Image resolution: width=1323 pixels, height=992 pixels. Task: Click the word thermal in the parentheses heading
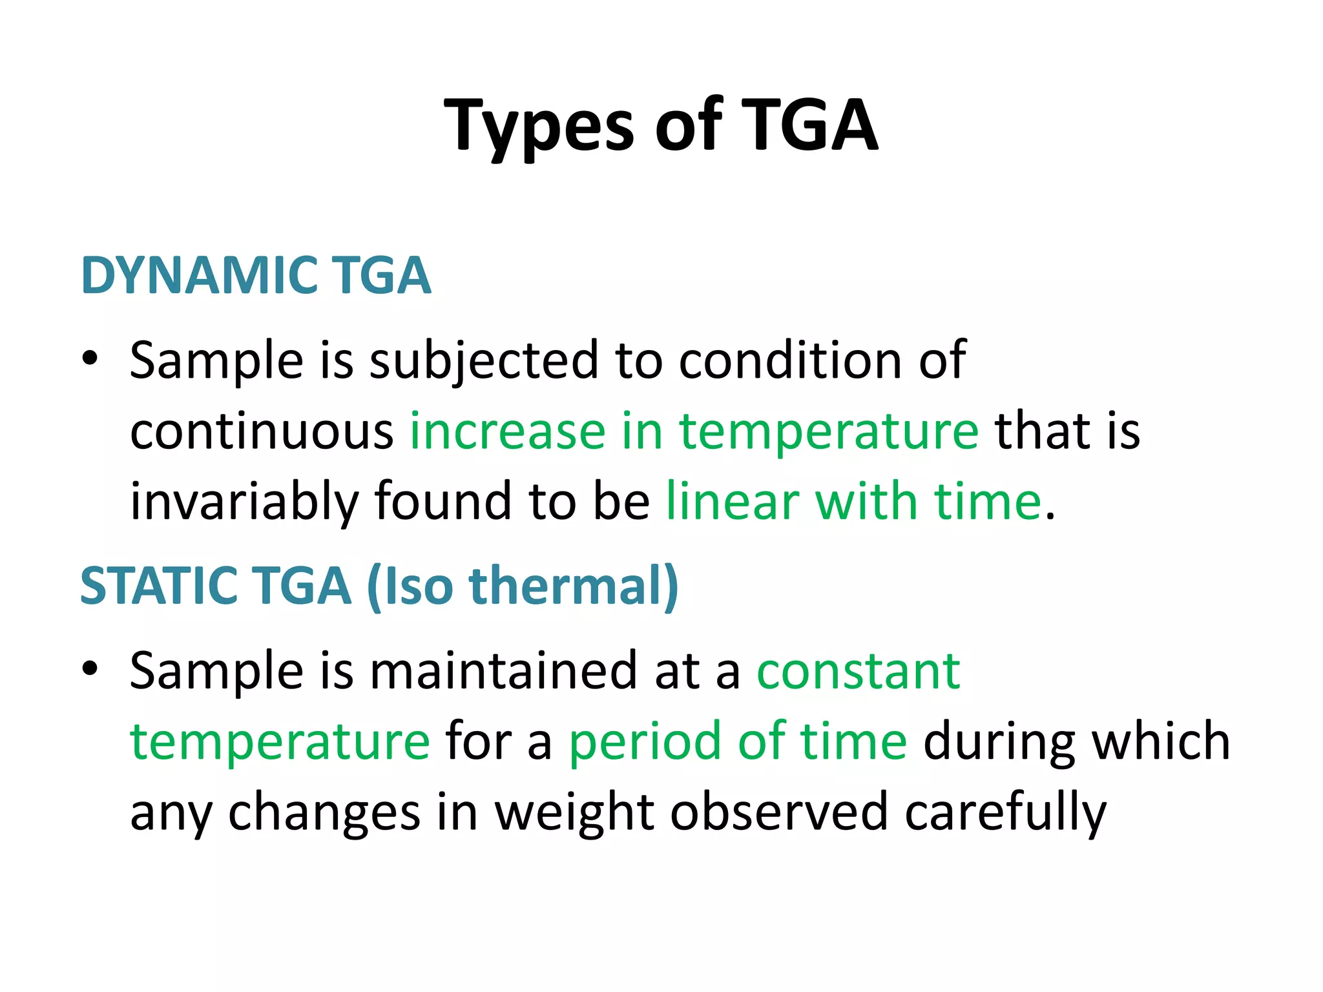tap(568, 586)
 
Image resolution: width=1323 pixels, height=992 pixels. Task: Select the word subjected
tap(484, 361)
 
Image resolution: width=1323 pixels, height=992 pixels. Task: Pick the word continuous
tap(262, 431)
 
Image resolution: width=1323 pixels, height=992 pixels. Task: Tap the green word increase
tap(508, 431)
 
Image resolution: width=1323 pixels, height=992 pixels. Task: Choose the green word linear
tap(733, 502)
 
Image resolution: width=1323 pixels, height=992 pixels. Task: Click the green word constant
tap(859, 672)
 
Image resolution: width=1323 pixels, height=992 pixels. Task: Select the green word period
tap(645, 742)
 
